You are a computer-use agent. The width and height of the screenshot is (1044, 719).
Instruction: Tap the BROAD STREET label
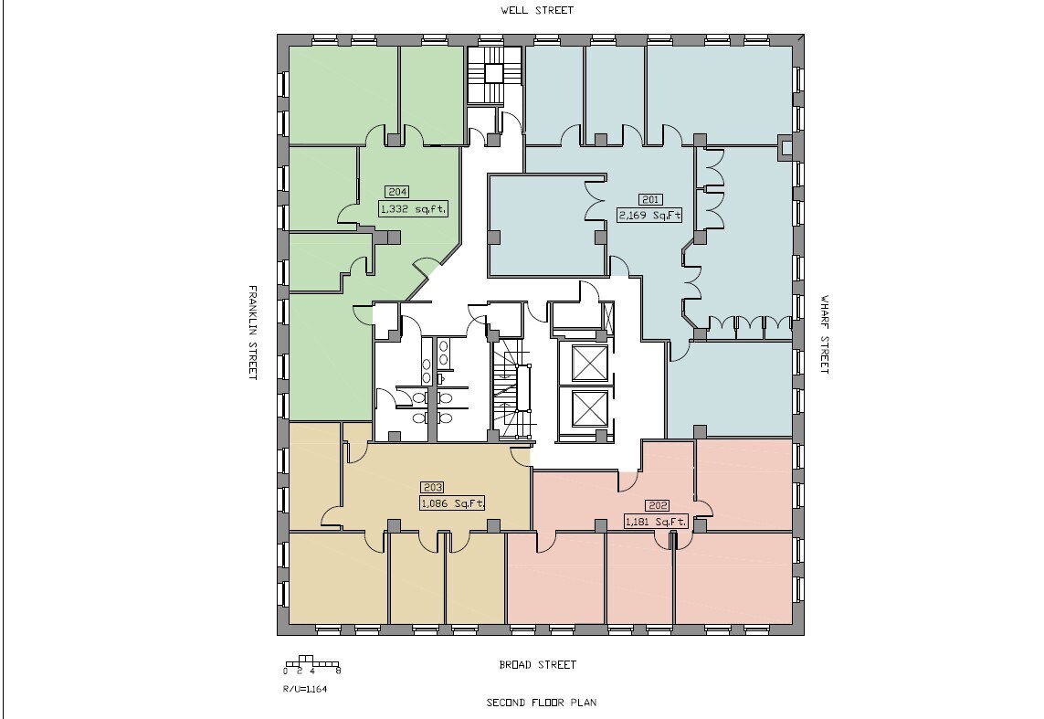538,665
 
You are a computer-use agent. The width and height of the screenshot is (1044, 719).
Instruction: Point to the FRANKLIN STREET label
254,333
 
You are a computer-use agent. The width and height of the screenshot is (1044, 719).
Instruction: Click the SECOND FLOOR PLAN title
542,703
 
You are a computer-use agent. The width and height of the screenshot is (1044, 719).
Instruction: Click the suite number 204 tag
396,192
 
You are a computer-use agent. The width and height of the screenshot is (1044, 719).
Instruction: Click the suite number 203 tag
431,487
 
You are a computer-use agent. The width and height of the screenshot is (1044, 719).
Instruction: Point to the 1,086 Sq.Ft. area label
452,502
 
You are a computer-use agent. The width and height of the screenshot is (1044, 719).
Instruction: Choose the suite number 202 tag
657,505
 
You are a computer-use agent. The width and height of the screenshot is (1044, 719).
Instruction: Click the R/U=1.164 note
305,690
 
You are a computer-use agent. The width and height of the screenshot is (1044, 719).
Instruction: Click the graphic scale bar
312,663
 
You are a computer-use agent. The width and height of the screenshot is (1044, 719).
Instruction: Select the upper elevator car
588,364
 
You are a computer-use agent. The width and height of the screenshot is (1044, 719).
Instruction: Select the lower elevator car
588,408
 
